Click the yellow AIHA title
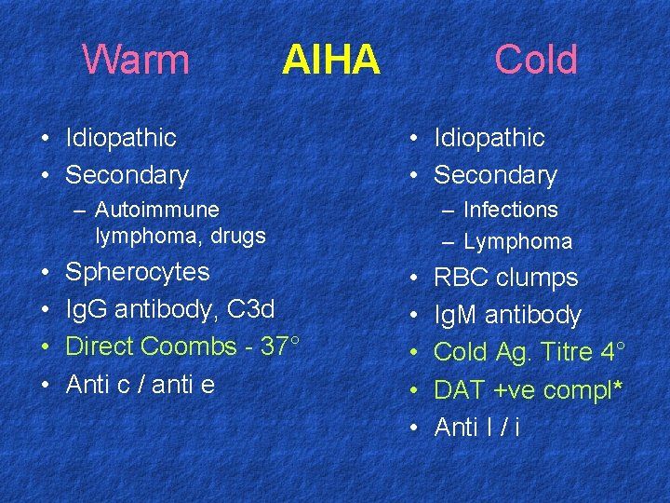(x=330, y=61)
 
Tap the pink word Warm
(x=136, y=61)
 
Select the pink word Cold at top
(x=536, y=61)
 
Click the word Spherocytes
(x=137, y=272)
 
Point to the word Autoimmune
(x=157, y=210)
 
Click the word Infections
(x=510, y=210)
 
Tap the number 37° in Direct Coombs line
(x=280, y=346)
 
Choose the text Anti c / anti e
(x=141, y=383)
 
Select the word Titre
(x=569, y=352)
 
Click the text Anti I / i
(x=477, y=427)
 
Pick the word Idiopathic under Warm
(x=121, y=138)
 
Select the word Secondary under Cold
(x=495, y=175)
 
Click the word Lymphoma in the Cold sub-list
(x=517, y=241)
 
